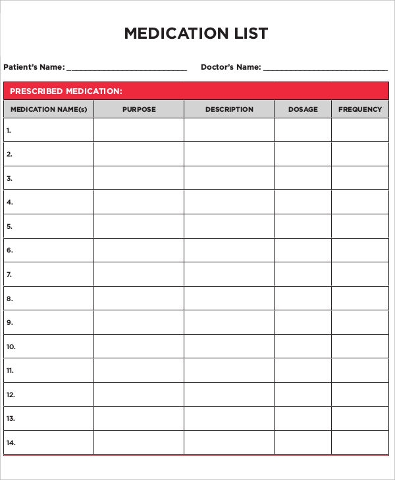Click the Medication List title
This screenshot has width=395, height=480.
coord(196,34)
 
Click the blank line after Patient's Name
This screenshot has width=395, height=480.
coord(126,68)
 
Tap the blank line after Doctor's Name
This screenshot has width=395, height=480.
coord(325,68)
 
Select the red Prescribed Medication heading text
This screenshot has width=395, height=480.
coord(66,91)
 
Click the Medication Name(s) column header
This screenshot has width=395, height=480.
coord(49,109)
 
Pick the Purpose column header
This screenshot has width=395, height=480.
coord(139,109)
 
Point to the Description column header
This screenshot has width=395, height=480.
coord(229,109)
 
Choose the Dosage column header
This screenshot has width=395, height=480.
coord(303,109)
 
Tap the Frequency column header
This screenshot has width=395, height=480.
coord(360,109)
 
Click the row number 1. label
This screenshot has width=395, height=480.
coord(9,130)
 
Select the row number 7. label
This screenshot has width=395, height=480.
coord(9,274)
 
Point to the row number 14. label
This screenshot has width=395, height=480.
coord(11,443)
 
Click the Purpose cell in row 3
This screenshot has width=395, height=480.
coord(139,178)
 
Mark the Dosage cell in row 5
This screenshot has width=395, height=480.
coord(303,226)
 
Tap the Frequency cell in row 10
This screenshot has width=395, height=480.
coord(360,347)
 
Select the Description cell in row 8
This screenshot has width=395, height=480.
coord(229,299)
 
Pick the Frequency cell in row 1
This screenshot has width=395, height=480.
coord(360,130)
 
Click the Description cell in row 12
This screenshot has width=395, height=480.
coord(229,395)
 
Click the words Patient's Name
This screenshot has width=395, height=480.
coord(34,67)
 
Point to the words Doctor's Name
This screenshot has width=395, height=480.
coord(230,67)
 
